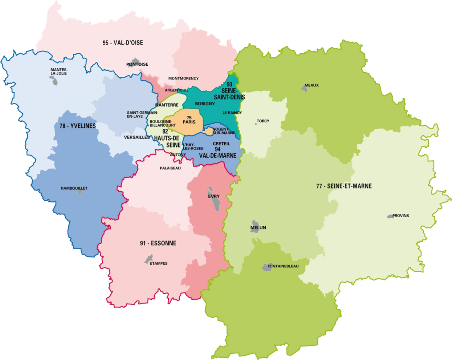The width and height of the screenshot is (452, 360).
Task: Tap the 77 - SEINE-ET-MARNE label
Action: pos(344,186)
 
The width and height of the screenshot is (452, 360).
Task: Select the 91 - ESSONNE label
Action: pos(158,243)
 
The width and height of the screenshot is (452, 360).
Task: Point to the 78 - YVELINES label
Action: pos(78,126)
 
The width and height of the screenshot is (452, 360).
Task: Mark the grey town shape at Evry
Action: pos(215,201)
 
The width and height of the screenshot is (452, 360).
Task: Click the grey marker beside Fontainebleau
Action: pos(268,266)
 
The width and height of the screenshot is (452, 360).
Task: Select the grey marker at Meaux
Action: pos(304,89)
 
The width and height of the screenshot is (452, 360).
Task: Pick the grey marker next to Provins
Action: pos(390,216)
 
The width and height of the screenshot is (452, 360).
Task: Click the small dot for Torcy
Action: pos(256,124)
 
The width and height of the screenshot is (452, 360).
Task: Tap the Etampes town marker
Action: pos(149,259)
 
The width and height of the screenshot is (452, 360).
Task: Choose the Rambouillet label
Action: pos(74,188)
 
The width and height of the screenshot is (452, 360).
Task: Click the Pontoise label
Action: pos(137,64)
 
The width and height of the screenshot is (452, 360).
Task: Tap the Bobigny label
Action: pos(205,104)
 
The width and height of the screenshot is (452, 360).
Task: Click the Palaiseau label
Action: pos(170,168)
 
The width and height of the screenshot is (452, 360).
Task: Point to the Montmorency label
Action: pos(184,79)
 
